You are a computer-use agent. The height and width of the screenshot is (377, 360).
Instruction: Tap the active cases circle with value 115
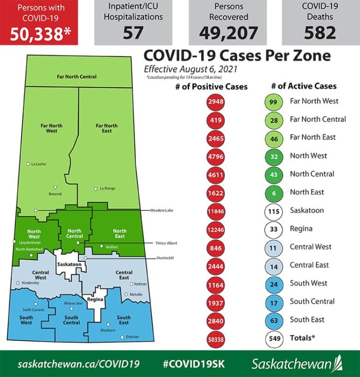pyautogui.click(x=274, y=210)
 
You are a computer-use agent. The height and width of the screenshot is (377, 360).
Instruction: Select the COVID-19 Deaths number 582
pyautogui.click(x=320, y=32)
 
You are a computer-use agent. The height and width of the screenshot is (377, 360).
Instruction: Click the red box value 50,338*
pyautogui.click(x=39, y=33)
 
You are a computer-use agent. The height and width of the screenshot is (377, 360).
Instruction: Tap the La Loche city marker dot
pyautogui.click(x=28, y=163)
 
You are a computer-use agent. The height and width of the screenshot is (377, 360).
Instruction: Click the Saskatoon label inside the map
pyautogui.click(x=69, y=264)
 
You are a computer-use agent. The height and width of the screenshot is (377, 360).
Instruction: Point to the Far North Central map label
pyautogui.click(x=77, y=76)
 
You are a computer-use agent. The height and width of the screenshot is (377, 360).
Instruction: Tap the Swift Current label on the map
pyautogui.click(x=33, y=310)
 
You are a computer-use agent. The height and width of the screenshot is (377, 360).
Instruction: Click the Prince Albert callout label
pyautogui.click(x=166, y=243)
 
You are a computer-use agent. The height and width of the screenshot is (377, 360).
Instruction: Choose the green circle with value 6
pyautogui.click(x=274, y=192)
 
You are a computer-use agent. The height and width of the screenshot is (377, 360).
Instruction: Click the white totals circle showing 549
pyautogui.click(x=274, y=338)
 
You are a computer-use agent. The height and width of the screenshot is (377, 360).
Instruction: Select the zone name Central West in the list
pyautogui.click(x=310, y=246)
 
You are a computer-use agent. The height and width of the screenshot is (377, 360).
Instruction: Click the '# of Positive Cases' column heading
pyautogui.click(x=211, y=86)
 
